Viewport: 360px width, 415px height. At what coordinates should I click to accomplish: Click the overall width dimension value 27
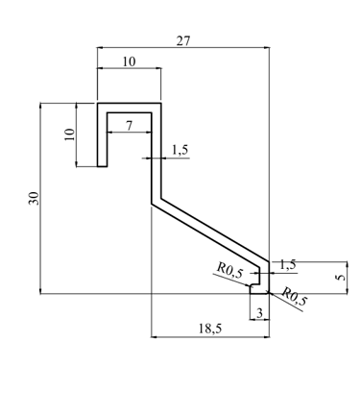pos(183,41)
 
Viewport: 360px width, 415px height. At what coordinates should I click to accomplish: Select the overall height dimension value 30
pos(34,198)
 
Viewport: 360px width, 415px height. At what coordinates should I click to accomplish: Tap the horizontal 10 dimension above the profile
pos(129,61)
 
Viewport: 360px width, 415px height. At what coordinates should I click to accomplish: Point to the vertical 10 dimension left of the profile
pos(69,134)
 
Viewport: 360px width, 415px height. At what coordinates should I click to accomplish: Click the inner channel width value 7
pos(129,126)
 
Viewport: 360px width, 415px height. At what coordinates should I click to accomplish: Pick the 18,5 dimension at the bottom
pos(210,329)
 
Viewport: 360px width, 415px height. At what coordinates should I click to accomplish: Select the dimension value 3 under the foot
pos(259,313)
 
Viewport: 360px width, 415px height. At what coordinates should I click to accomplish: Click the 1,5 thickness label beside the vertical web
pos(180,150)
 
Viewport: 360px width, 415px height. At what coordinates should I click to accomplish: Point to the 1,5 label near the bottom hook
pos(288,265)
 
